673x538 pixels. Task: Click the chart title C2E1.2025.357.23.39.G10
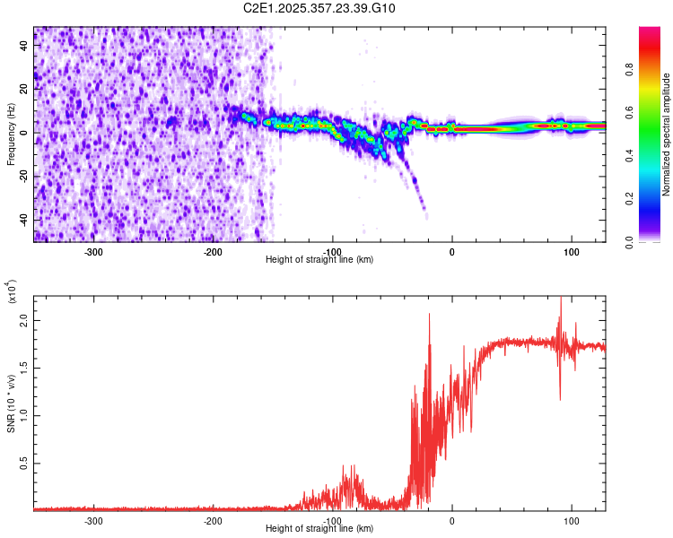tap(320, 9)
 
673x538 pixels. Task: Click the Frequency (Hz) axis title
tap(11, 135)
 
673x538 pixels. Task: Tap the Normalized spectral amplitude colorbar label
tap(666, 135)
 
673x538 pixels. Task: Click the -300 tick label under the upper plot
tap(93, 250)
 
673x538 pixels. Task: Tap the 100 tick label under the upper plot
tap(572, 250)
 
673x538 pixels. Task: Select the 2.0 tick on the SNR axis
tap(24, 320)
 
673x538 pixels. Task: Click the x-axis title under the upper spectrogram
tap(320, 259)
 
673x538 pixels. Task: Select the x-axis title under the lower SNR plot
tap(320, 529)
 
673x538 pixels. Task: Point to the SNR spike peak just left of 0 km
tap(429, 315)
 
